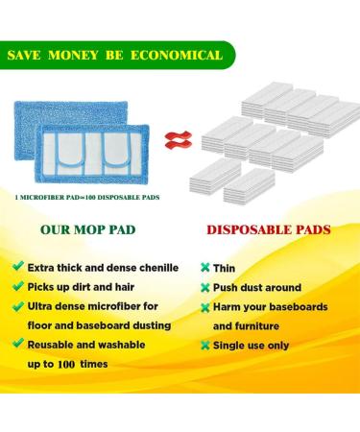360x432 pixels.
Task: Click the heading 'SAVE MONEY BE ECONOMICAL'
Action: point(114,55)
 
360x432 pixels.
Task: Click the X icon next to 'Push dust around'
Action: point(205,288)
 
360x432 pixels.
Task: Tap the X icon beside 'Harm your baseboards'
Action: point(205,308)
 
